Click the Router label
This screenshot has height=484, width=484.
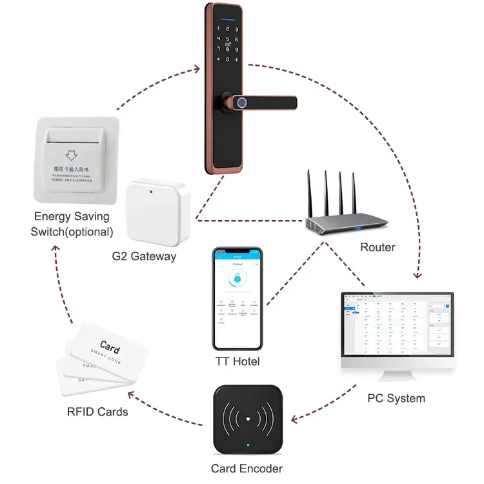click(x=377, y=247)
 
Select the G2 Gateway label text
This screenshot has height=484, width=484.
click(x=144, y=256)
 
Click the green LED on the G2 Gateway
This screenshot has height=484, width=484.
click(x=150, y=191)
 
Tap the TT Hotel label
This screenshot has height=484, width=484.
click(x=237, y=361)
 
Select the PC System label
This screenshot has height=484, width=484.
click(x=396, y=398)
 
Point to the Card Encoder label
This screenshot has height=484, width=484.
click(x=247, y=469)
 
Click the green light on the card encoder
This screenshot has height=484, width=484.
click(x=247, y=445)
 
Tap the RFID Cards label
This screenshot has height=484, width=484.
click(x=97, y=411)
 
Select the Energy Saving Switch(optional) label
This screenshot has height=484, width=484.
click(x=72, y=224)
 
